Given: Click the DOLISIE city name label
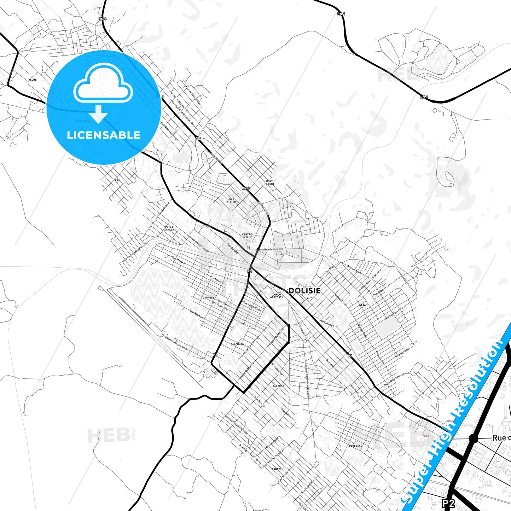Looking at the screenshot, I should [304, 291].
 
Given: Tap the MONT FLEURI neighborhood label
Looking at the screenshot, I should [269, 182].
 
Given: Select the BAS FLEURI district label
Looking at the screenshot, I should [232, 201].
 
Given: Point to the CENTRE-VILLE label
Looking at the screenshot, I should [248, 236].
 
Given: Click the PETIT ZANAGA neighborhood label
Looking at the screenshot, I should [169, 228].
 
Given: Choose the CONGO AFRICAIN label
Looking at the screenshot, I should [277, 296].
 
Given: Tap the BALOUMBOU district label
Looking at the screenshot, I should [238, 344].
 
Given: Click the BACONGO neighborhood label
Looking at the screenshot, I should [278, 386].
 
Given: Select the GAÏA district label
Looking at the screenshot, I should [362, 305].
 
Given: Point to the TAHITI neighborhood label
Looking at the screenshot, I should [277, 469].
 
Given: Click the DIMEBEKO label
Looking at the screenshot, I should [355, 446].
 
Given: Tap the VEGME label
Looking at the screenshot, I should [33, 80].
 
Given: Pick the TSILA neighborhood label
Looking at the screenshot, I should [201, 138].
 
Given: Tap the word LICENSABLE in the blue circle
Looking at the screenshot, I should [104, 135].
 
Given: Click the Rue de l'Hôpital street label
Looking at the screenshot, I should [274, 249].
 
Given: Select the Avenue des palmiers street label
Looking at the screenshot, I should [176, 344].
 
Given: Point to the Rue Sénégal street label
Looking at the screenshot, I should [402, 352].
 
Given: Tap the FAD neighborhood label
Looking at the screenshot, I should [117, 180].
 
